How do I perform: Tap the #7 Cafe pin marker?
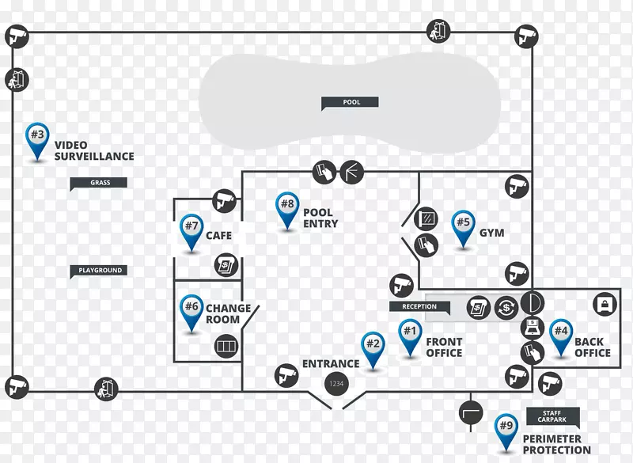pos(191,230)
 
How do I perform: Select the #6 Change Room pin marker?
pos(191,309)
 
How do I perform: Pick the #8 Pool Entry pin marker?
pos(286,209)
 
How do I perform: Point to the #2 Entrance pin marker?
pos(373,348)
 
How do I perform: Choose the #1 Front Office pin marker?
pos(409,334)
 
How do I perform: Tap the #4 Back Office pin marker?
pos(561,335)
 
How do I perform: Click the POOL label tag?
pos(350,102)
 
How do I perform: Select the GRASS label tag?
pos(99,183)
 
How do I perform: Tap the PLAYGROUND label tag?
pos(99,271)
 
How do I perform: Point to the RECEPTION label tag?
pos(419,306)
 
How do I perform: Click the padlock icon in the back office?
pos(605,305)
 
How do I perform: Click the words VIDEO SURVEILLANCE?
pos(93,151)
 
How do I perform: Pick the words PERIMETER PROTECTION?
pos(556,445)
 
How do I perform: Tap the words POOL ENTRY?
pos(320,218)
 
